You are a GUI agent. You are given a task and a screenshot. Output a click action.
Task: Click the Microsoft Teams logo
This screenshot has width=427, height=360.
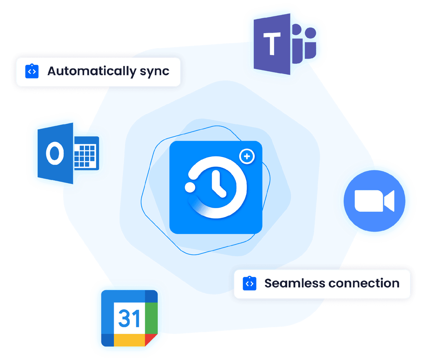coord(285,44)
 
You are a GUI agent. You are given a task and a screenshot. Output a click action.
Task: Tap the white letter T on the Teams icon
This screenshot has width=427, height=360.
coord(272,43)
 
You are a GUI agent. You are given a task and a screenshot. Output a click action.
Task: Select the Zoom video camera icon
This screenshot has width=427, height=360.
coord(374,201)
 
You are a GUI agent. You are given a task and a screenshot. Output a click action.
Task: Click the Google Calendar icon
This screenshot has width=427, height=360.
coord(129,318)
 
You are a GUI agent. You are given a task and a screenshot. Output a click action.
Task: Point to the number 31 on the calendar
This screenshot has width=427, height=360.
coord(129,318)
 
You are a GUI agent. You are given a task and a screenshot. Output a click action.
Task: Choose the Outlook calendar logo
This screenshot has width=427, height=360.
coord(68,153)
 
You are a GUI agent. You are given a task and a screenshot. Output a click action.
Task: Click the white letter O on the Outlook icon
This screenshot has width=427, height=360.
coord(55,153)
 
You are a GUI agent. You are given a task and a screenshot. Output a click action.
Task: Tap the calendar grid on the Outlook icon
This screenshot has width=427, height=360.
coord(85,155)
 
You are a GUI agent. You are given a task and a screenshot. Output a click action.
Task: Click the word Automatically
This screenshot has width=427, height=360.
coord(91,72)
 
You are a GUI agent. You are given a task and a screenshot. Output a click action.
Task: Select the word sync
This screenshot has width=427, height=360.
coord(154,72)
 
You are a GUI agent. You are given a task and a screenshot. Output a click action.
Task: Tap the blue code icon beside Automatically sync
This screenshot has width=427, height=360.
coord(32,71)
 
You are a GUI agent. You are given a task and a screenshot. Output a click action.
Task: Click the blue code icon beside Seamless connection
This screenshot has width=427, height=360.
coord(249,283)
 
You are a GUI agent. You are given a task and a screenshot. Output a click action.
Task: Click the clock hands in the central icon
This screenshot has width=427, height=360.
coord(218,184)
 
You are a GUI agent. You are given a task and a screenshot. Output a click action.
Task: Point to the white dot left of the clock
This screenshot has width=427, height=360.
coord(190,187)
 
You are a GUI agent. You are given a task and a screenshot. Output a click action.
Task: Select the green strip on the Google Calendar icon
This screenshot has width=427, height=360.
coord(151,318)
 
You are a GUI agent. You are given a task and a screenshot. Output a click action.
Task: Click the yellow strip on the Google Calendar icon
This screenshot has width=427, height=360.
coord(129,340)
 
